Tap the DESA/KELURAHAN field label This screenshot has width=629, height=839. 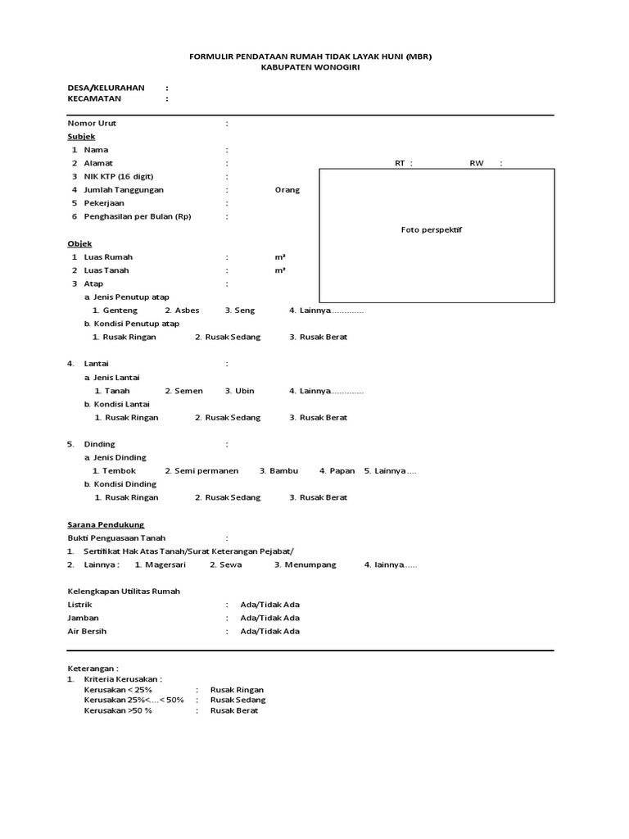click(x=106, y=87)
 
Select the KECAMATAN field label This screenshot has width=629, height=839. click(x=94, y=99)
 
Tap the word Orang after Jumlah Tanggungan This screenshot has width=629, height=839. click(x=287, y=190)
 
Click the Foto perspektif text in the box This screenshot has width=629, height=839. click(x=432, y=230)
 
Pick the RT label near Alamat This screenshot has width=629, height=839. click(x=401, y=163)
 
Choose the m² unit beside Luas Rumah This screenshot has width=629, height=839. click(x=280, y=257)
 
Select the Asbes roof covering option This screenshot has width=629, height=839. click(x=182, y=311)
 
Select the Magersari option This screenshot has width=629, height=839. click(x=161, y=565)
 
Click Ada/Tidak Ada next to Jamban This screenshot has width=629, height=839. click(x=269, y=618)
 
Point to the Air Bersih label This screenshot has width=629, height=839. click(x=86, y=632)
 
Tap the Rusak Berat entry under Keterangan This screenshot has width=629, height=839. click(x=234, y=710)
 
